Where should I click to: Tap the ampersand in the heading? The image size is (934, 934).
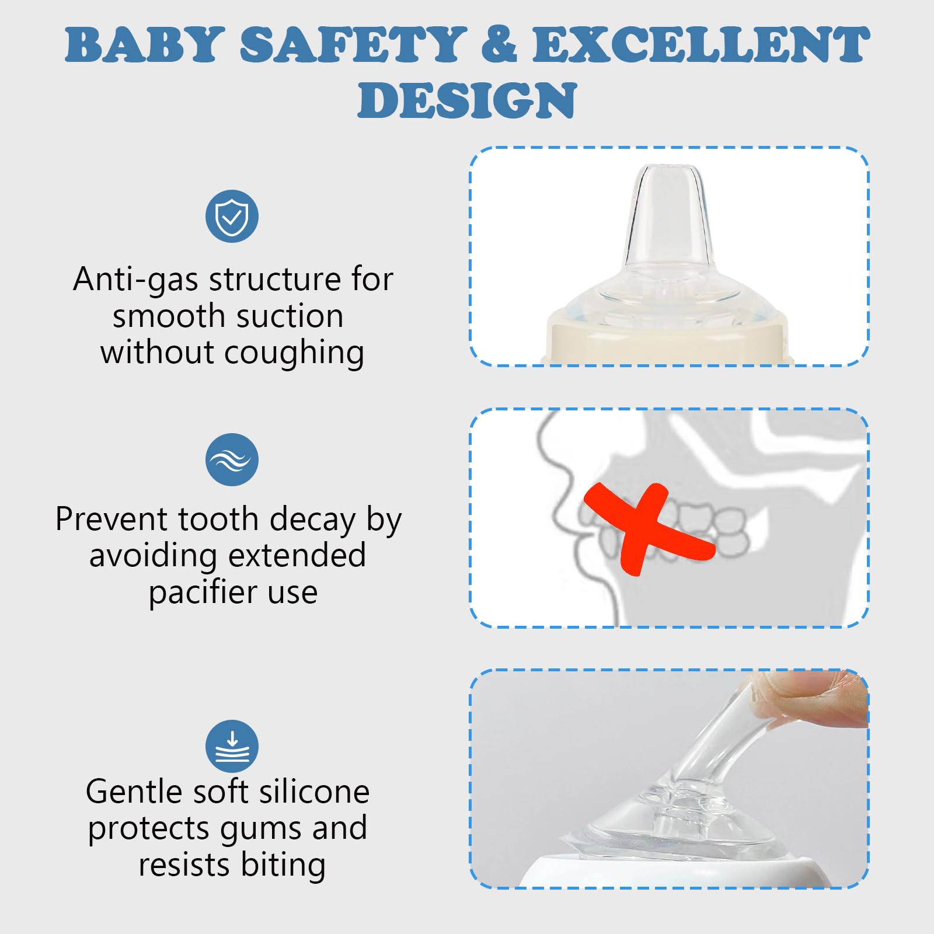pyautogui.click(x=499, y=45)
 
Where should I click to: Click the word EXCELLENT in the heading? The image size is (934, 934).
pyautogui.click(x=700, y=45)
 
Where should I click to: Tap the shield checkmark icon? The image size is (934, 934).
pyautogui.click(x=232, y=216)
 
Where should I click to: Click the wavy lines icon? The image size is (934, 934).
pyautogui.click(x=232, y=459)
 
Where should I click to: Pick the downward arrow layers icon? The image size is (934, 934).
pyautogui.click(x=232, y=746)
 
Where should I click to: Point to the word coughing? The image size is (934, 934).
pyautogui.click(x=294, y=353)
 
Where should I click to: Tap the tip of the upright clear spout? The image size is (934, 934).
pyautogui.click(x=669, y=171)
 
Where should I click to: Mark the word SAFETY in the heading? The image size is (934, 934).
pyautogui.click(x=353, y=45)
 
